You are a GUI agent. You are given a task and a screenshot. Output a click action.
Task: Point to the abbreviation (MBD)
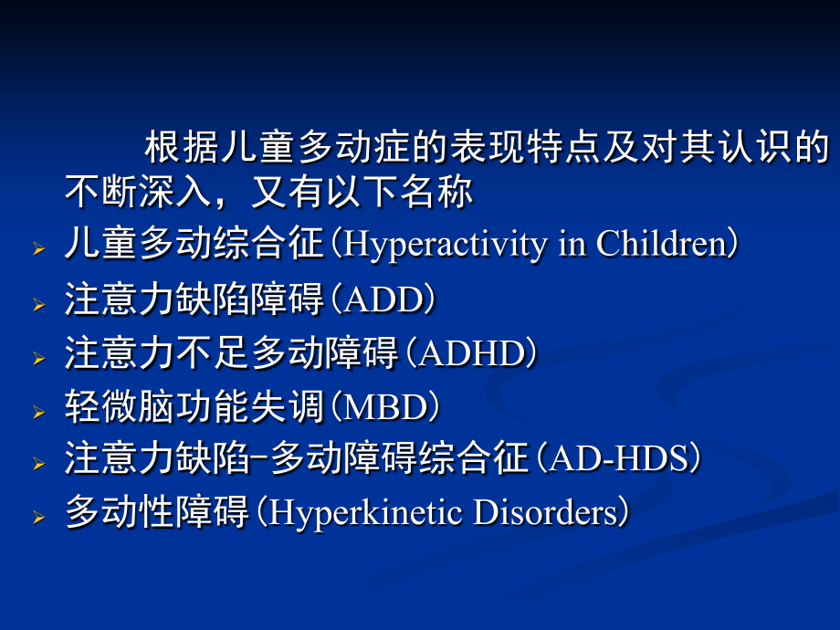click(x=383, y=407)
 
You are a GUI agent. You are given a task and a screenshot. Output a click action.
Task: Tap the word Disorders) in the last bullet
click(x=551, y=513)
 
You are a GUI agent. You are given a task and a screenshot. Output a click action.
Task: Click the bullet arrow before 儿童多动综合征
click(x=37, y=249)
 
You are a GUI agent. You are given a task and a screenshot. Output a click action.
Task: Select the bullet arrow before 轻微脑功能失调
click(x=37, y=412)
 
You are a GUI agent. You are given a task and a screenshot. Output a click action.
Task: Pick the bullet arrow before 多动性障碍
click(x=37, y=518)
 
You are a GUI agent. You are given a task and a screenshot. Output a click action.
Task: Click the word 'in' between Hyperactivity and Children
click(x=572, y=245)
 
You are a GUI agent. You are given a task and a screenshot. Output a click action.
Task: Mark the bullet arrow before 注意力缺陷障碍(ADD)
click(x=37, y=304)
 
